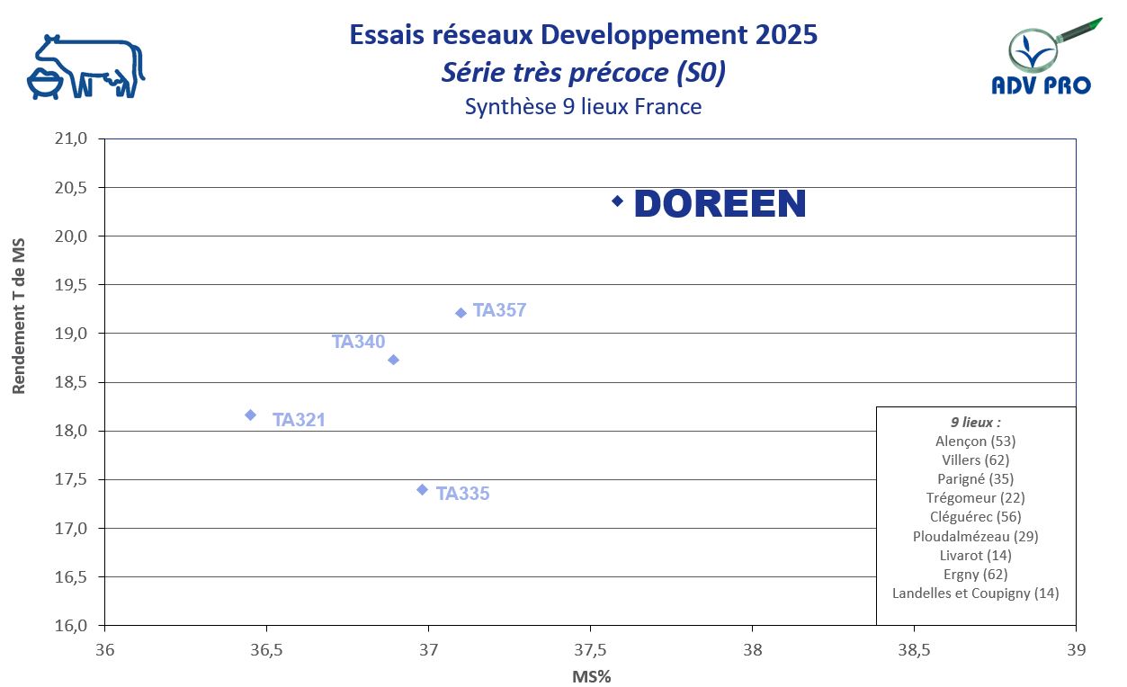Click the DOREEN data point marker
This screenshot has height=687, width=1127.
click(617, 201)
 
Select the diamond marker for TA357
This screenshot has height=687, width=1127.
click(461, 313)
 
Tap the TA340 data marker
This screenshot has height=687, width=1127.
click(393, 360)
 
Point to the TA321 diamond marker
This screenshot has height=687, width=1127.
click(250, 415)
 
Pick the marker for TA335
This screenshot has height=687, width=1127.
click(422, 489)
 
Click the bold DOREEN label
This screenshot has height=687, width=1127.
click(720, 204)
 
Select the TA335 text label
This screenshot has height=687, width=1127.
click(462, 494)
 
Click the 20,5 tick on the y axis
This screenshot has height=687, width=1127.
click(71, 188)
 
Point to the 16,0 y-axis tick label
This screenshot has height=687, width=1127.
click(71, 625)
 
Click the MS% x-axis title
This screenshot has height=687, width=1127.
click(591, 676)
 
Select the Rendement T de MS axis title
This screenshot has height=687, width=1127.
click(20, 316)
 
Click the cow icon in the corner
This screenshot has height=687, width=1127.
click(85, 67)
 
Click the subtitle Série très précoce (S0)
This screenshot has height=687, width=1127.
click(583, 73)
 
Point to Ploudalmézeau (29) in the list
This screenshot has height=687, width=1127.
click(975, 536)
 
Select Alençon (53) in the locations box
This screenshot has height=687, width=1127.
click(975, 441)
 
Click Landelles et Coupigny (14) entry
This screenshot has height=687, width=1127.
click(975, 593)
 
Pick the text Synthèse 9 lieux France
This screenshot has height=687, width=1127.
click(583, 106)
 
